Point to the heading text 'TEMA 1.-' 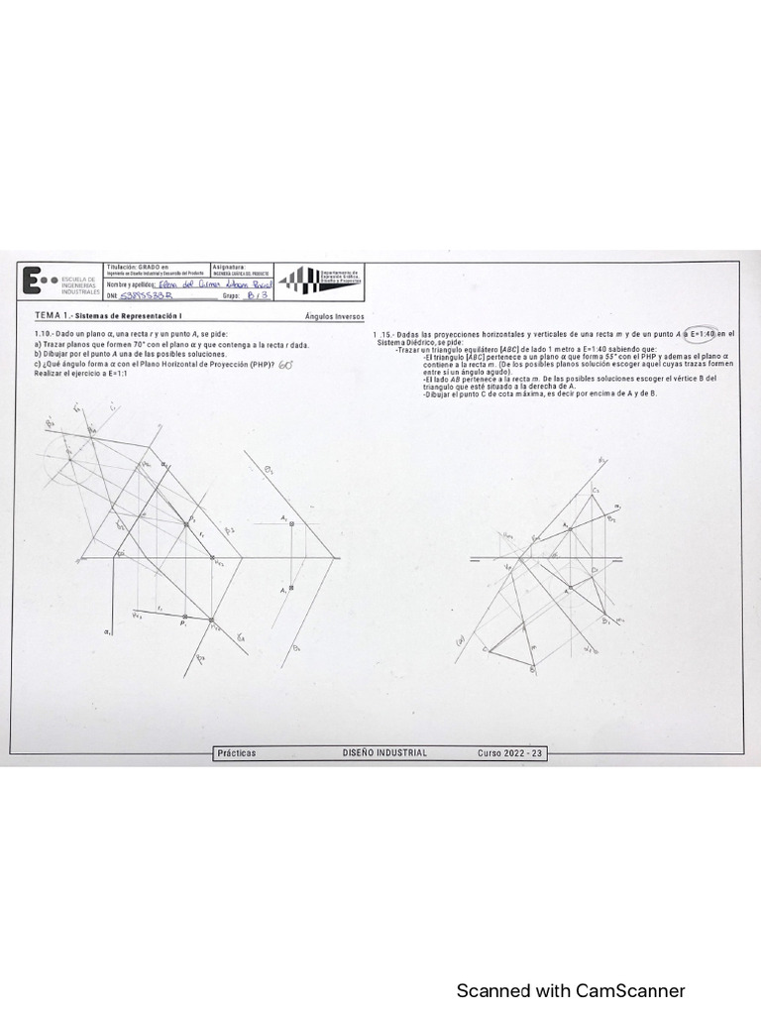(49, 314)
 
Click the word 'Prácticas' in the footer (236, 753)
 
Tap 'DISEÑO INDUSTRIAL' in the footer (385, 753)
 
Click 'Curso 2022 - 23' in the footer (510, 753)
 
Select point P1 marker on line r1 (185, 618)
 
